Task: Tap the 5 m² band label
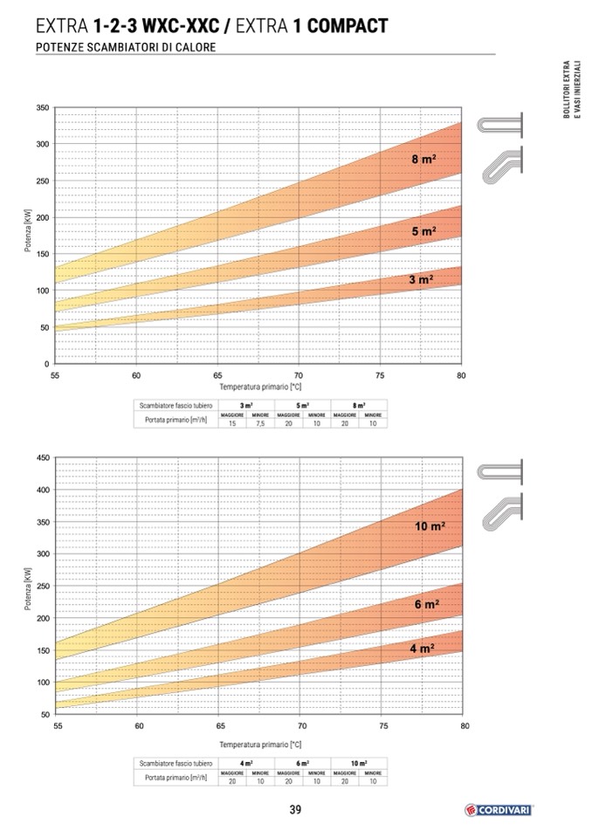point(423,232)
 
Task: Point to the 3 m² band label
point(421,280)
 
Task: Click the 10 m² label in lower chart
point(430,526)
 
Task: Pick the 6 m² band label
point(426,604)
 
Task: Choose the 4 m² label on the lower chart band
point(422,649)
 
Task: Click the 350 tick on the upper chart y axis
point(42,107)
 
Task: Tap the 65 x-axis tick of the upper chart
point(217,374)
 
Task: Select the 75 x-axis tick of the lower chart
point(383,725)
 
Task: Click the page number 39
point(295,810)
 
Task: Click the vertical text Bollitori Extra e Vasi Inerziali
point(570,96)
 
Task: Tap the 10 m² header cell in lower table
point(359,763)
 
